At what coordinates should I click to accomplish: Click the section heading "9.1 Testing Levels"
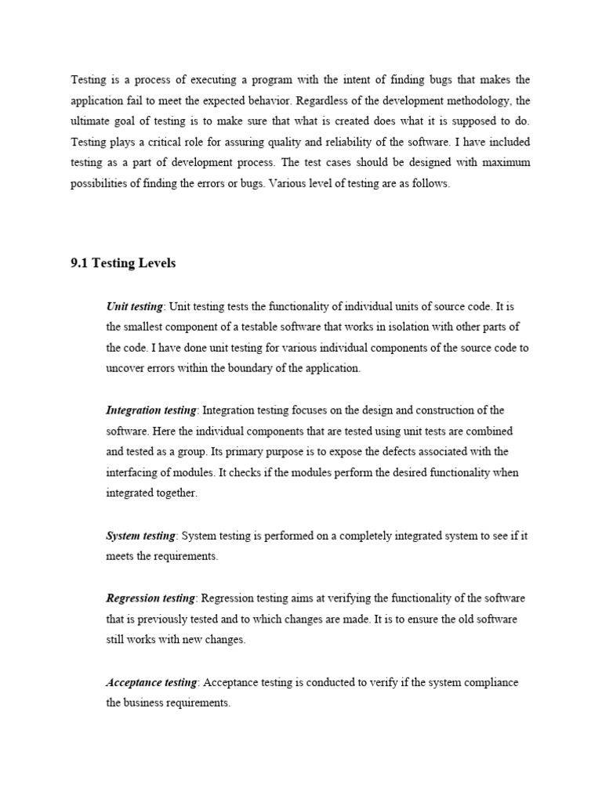123,263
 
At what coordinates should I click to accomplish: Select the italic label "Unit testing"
135,306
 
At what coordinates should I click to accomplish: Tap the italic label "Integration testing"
151,410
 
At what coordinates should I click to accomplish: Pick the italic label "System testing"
140,536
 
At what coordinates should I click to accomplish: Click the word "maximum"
504,163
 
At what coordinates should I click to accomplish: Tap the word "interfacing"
132,473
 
